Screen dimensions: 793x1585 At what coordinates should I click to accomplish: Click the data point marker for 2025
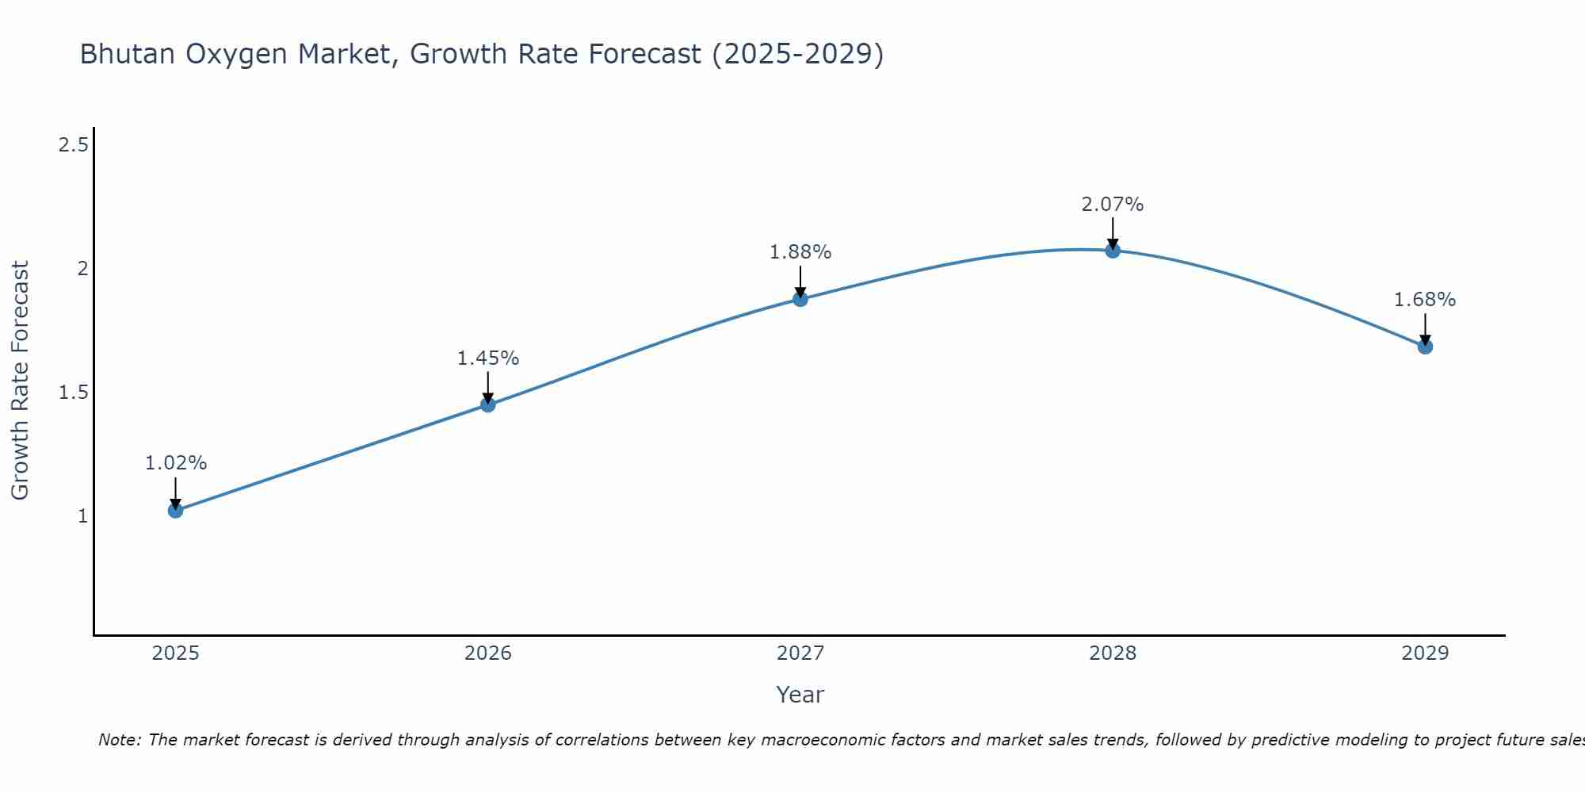coord(176,510)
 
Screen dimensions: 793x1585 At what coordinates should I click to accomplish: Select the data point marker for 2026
coord(488,404)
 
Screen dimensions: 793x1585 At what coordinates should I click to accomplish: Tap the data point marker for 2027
coord(800,299)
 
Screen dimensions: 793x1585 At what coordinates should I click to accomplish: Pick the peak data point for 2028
coord(1113,251)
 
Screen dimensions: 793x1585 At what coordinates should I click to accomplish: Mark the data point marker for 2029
coord(1425,347)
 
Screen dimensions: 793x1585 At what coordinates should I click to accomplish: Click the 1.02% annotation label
coord(176,463)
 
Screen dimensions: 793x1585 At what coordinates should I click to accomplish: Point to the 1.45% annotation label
coord(488,358)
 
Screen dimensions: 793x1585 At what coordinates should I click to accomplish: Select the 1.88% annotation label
coord(800,252)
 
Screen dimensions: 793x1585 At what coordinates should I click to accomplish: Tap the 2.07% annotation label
coord(1113,205)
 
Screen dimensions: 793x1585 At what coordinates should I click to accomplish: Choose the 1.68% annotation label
coord(1425,300)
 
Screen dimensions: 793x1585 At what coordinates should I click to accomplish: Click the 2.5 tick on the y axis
coord(73,145)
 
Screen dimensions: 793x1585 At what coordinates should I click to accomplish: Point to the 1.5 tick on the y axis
coord(73,393)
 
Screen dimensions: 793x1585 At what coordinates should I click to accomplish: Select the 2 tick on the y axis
coord(82,269)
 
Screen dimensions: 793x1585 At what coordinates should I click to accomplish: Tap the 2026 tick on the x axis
coord(488,653)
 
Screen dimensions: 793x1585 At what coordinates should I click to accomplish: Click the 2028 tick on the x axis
coord(1113,653)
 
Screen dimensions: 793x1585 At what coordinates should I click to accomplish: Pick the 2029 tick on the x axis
coord(1425,653)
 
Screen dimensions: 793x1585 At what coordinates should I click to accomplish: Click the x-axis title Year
coord(800,695)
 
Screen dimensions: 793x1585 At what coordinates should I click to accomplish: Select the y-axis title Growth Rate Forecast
coord(20,381)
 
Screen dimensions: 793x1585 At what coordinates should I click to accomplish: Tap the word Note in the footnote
coord(118,740)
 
